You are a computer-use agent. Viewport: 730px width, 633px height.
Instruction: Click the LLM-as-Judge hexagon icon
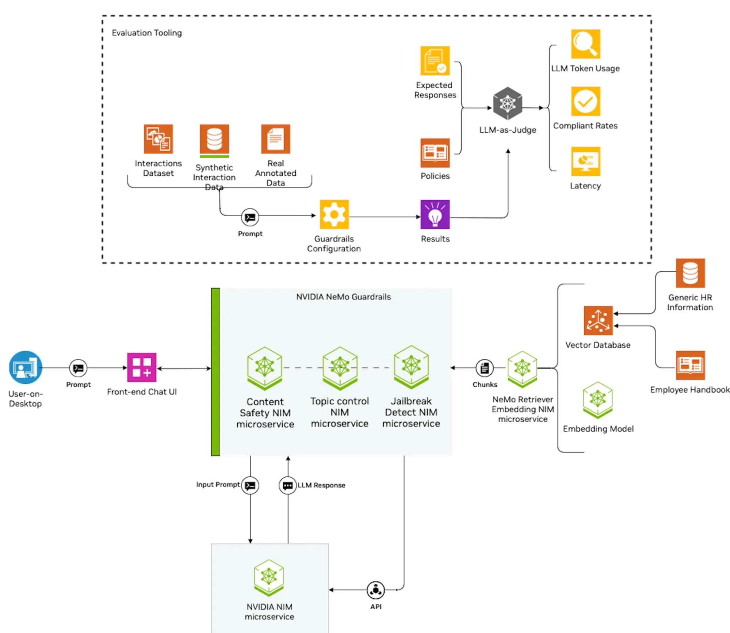click(x=507, y=103)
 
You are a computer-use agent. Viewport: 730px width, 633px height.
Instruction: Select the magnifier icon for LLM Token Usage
click(x=585, y=44)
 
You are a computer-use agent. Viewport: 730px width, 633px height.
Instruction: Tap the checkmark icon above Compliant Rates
click(x=585, y=101)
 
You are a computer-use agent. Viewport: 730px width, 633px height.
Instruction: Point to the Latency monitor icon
click(x=585, y=161)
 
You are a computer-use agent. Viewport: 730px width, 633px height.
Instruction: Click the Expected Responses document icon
click(x=435, y=61)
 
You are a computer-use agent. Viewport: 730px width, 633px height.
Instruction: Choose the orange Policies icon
click(x=435, y=153)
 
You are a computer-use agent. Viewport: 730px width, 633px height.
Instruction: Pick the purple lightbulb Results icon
click(x=435, y=214)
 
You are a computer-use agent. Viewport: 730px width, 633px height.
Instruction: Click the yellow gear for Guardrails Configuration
click(x=334, y=214)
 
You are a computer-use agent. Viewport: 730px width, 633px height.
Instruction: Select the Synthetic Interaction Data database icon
click(x=214, y=139)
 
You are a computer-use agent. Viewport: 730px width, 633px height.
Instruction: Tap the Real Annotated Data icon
click(x=275, y=139)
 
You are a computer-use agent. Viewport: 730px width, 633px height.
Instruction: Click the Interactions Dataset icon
click(x=158, y=139)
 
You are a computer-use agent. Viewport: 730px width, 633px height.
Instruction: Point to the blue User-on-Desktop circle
click(x=26, y=367)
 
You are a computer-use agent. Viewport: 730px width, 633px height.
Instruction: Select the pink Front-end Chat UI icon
click(x=142, y=367)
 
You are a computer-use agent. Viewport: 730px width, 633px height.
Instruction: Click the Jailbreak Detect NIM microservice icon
click(x=411, y=367)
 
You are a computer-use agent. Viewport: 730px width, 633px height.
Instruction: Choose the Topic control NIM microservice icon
click(x=340, y=367)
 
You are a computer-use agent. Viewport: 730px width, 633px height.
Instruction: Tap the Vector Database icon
click(x=598, y=321)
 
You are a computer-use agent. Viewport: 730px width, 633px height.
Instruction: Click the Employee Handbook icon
click(x=690, y=365)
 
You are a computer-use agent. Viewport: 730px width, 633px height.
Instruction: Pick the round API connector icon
click(x=375, y=590)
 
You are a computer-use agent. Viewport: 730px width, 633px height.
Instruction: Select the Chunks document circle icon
click(x=484, y=368)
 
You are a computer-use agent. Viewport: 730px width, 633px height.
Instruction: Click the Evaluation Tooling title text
click(x=146, y=33)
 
